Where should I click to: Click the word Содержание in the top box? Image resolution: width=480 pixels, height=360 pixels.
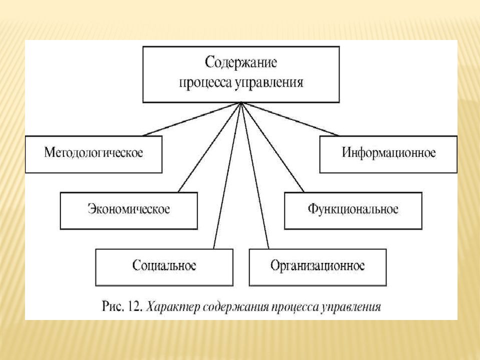[241, 63]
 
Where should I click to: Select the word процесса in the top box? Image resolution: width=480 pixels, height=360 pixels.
[205, 83]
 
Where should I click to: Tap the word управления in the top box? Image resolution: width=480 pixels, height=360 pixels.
[269, 83]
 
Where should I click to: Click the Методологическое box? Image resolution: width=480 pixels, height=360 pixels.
[93, 154]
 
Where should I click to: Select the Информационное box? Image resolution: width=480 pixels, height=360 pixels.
[388, 154]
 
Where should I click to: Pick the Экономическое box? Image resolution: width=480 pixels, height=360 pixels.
[129, 211]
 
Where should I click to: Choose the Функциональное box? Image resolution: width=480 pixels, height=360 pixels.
[353, 211]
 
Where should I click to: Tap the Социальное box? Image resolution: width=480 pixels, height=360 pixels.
[164, 267]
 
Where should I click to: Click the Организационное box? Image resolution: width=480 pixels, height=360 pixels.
[318, 267]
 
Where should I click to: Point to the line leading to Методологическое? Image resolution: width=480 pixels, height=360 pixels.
[192, 119]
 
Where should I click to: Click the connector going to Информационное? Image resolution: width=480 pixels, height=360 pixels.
[290, 119]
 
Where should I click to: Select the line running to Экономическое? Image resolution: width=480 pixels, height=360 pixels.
[209, 147]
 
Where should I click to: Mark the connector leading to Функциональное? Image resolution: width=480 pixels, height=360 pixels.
[273, 147]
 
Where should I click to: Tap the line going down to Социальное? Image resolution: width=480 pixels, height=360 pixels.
[227, 175]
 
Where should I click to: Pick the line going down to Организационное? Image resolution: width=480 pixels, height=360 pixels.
[255, 175]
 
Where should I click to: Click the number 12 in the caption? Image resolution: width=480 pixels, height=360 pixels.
[135, 306]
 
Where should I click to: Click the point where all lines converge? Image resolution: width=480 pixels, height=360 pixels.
[241, 102]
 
